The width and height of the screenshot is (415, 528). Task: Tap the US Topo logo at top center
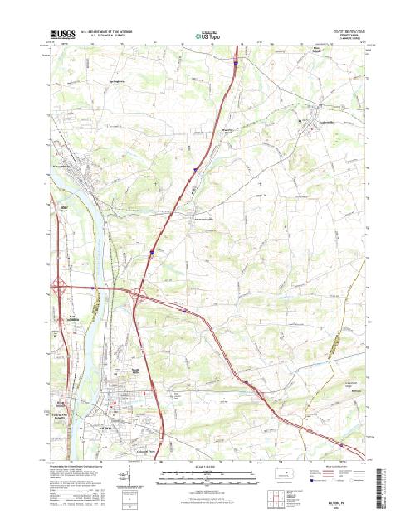206,36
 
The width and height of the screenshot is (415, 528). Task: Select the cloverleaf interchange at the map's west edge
62,288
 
